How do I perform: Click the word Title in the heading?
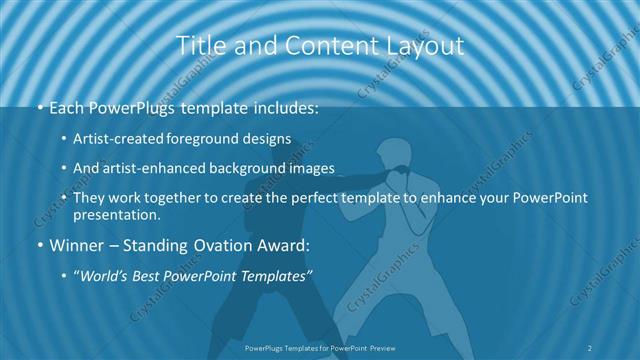(x=198, y=46)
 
